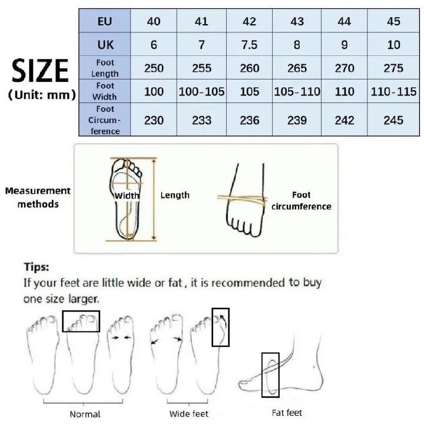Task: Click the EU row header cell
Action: pos(105,21)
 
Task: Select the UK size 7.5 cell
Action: pos(249,45)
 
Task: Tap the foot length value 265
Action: pos(297,68)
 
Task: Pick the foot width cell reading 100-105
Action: pos(201,92)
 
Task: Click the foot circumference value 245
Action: pos(393,120)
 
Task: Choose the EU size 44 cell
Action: pos(344,21)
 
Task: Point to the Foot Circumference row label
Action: pos(105,120)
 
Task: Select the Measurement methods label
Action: pos(38,197)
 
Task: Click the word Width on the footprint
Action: pos(127,196)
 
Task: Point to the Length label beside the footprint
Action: pos(175,195)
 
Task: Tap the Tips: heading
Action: pos(37,268)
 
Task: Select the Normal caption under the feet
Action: pos(85,414)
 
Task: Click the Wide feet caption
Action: pos(188,414)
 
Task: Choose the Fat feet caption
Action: pos(287,413)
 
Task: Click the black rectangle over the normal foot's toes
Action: pos(81,322)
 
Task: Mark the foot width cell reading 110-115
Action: pos(393,92)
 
